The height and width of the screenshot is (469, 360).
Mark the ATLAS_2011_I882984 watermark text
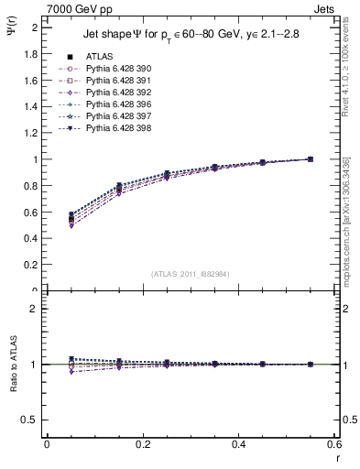tap(191, 274)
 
